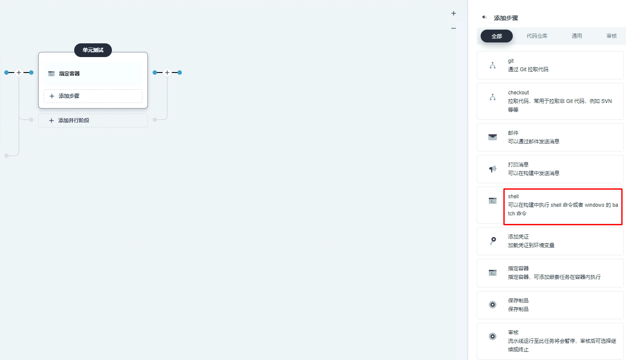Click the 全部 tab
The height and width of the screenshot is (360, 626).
click(x=497, y=36)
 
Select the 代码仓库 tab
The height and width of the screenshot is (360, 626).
click(x=537, y=36)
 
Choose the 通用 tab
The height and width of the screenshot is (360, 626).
click(x=577, y=36)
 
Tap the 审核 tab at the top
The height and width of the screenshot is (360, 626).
click(x=611, y=36)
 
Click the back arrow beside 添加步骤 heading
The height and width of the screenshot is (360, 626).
click(x=485, y=17)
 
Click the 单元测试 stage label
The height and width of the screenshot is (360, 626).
click(x=93, y=50)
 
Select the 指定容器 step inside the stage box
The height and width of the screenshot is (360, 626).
click(x=69, y=73)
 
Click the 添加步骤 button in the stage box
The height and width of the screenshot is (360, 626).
click(x=93, y=96)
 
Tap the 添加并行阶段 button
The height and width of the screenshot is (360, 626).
click(x=93, y=121)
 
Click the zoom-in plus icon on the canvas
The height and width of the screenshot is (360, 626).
click(x=454, y=13)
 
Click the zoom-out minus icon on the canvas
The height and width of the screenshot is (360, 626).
click(x=454, y=28)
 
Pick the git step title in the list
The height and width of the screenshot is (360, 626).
click(x=511, y=61)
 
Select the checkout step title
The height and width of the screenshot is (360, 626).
click(x=518, y=92)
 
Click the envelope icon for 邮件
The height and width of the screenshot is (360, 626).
click(x=492, y=137)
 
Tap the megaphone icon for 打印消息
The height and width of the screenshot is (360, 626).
click(x=492, y=169)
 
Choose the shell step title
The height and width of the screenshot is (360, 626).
click(x=513, y=197)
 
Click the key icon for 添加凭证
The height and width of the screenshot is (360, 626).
click(x=493, y=241)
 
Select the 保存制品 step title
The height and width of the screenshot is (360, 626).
click(x=518, y=300)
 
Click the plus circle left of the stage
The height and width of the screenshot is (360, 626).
click(x=19, y=73)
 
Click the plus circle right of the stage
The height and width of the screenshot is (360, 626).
click(x=167, y=73)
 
